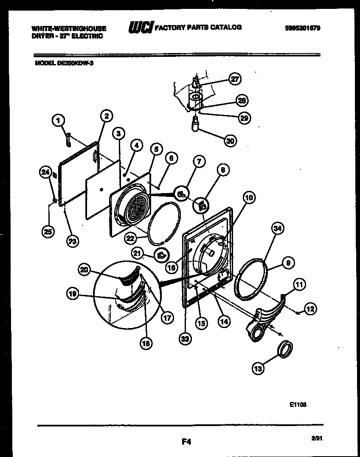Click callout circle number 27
point(234,79)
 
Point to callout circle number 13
point(258,368)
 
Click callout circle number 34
point(277,230)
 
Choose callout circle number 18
point(146,344)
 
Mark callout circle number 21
point(137,254)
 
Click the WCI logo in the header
point(141,28)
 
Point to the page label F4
point(186,442)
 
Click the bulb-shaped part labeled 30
point(195,125)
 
